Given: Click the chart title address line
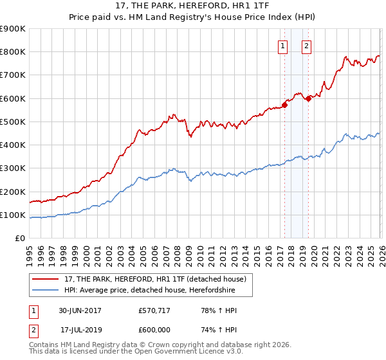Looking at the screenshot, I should point(192,6).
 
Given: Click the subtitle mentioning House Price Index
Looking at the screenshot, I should point(192,17).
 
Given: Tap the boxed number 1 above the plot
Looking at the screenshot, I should point(283,46).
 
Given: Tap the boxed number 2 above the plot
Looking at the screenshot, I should point(307,46).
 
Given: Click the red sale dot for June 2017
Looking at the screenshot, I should point(284,105).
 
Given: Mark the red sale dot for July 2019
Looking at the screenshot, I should point(308,98).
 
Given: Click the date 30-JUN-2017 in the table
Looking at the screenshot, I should point(79,310).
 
